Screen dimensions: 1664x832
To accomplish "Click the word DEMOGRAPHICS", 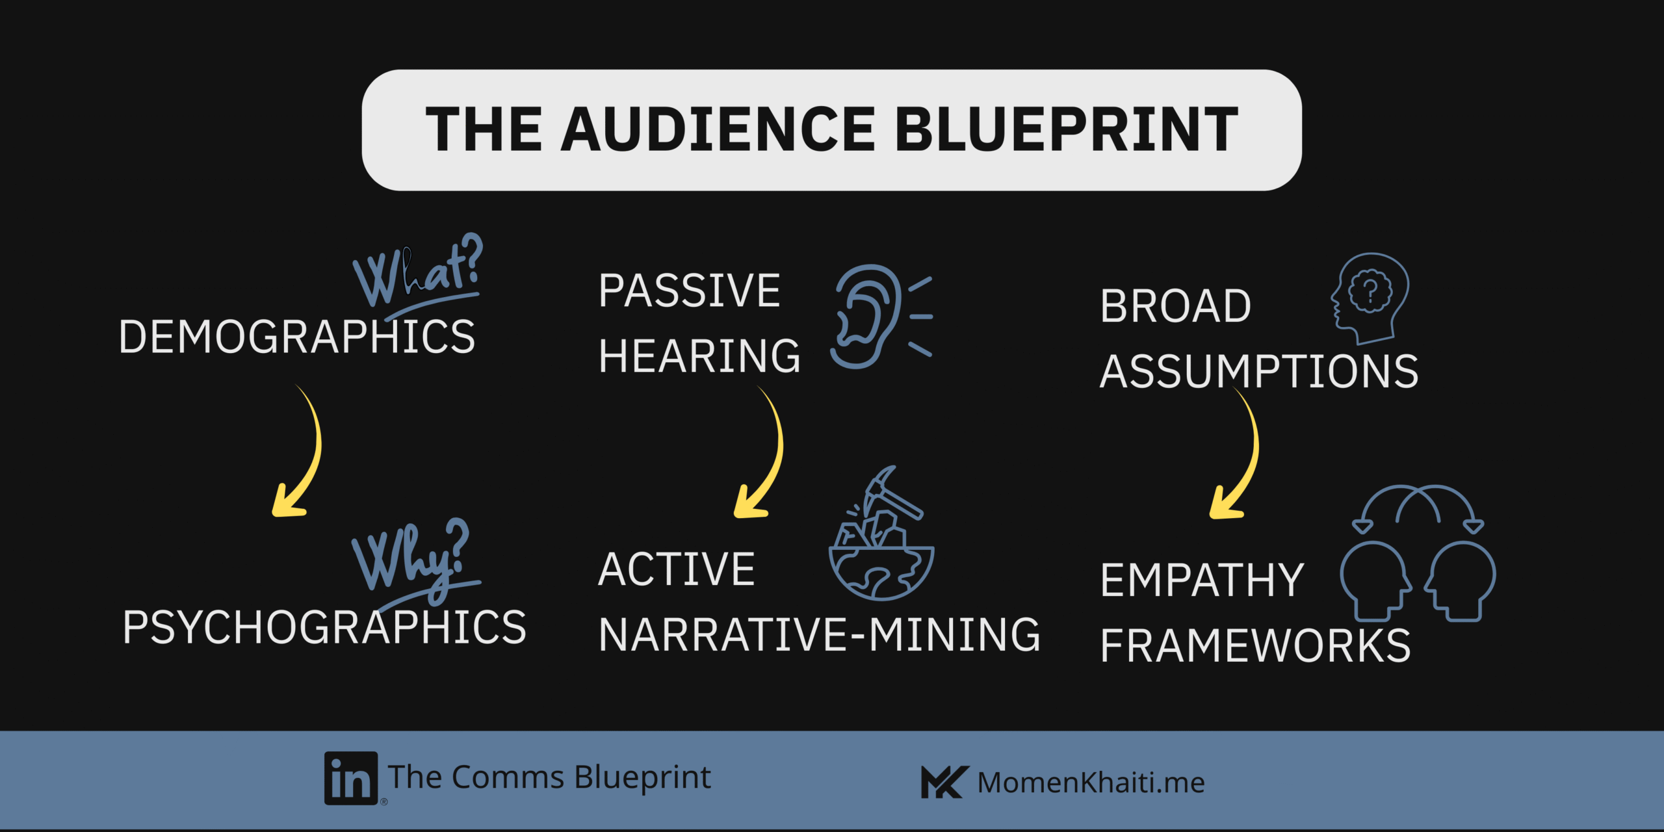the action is tap(297, 337).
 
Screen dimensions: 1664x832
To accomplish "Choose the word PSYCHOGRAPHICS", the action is tap(324, 627).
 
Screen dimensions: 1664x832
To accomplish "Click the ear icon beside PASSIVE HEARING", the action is tap(881, 317).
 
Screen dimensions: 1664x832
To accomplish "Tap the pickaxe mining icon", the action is tap(881, 533).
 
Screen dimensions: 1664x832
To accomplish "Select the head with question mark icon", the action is tap(1370, 298).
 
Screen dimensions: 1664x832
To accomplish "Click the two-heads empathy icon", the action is tap(1417, 552).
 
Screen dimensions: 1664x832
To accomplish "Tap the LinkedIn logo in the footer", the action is tap(351, 778).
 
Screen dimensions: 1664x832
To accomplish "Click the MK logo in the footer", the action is tap(944, 782).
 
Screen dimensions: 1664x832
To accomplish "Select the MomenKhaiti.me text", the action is tap(1091, 782).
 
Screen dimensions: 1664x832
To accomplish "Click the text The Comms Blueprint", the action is tap(549, 777).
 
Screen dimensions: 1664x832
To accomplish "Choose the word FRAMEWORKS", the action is tap(1256, 645).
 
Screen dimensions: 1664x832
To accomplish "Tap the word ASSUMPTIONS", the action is tap(1259, 371).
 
